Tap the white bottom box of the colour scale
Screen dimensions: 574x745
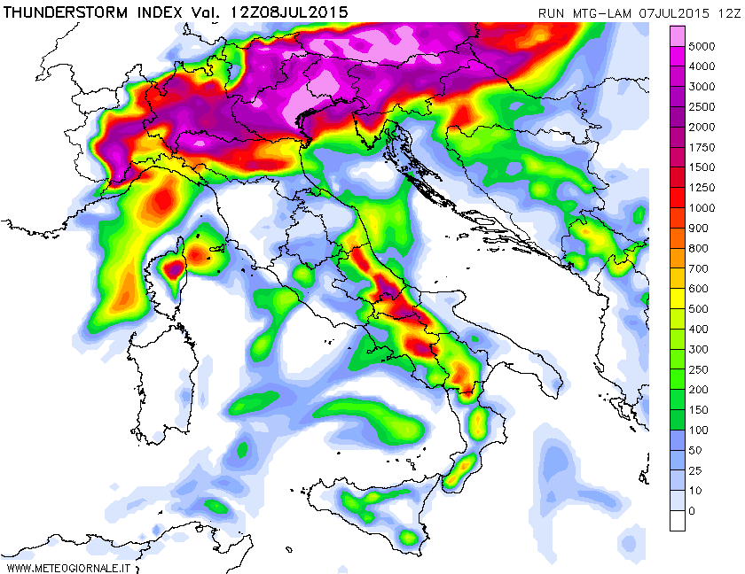tap(678, 521)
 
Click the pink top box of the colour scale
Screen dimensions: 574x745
tap(678, 35)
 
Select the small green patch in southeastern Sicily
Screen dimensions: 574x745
tap(408, 537)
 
